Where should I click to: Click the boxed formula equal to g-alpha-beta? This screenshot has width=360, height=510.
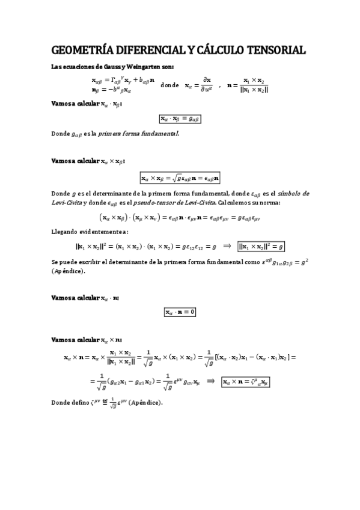[180, 119]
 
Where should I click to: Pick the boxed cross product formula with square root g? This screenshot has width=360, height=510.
[180, 177]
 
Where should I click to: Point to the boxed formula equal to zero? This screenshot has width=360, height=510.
[180, 312]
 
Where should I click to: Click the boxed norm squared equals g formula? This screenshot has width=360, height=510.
[261, 247]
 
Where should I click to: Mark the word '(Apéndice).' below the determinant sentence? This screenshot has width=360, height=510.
[69, 271]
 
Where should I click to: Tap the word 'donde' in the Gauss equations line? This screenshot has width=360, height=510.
[170, 85]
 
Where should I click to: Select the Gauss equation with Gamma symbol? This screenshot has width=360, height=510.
[123, 80]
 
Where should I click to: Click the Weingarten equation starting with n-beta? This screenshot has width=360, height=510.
[112, 90]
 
